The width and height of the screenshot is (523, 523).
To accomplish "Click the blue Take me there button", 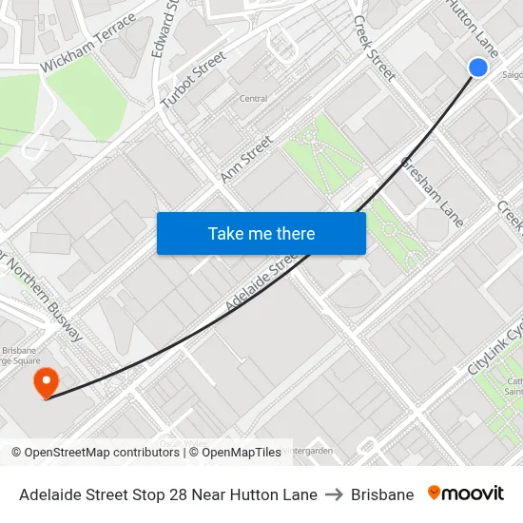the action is click(x=261, y=233).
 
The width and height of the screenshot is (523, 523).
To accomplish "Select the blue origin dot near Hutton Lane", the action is click(x=478, y=67).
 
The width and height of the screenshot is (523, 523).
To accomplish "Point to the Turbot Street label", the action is click(x=194, y=79).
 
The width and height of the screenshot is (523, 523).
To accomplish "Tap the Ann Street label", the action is click(x=246, y=159).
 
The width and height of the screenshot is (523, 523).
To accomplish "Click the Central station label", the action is click(x=253, y=98).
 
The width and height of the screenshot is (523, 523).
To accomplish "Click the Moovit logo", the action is click(x=466, y=494).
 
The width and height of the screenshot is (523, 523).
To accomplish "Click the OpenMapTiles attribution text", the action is click(x=235, y=453).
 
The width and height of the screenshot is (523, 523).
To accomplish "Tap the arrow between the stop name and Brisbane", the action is click(x=334, y=494).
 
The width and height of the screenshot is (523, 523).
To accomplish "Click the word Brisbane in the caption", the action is click(x=382, y=494).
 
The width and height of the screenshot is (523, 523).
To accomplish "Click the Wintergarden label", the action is click(x=308, y=450).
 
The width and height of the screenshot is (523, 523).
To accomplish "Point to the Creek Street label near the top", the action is click(x=374, y=48).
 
